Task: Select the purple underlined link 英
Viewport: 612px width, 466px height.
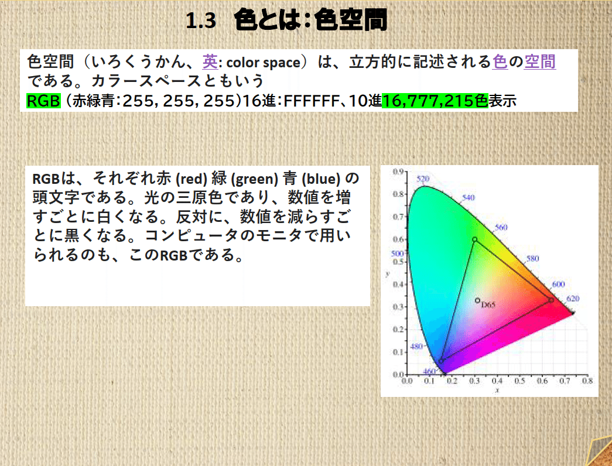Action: tap(210, 61)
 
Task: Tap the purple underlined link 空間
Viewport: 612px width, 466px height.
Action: tap(539, 61)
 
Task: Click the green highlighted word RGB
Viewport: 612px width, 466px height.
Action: tap(44, 101)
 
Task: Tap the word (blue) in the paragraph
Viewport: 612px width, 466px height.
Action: tap(322, 178)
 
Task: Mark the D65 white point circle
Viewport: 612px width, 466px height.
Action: tap(478, 301)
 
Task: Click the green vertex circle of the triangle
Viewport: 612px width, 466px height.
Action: tap(474, 239)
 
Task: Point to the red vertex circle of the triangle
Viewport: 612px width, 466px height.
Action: tap(551, 300)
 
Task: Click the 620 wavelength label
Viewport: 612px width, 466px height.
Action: tap(573, 299)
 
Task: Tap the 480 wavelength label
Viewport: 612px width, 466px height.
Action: tap(416, 347)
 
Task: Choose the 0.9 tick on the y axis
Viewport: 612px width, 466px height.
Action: tap(399, 172)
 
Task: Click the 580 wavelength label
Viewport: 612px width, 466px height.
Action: tap(532, 258)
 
